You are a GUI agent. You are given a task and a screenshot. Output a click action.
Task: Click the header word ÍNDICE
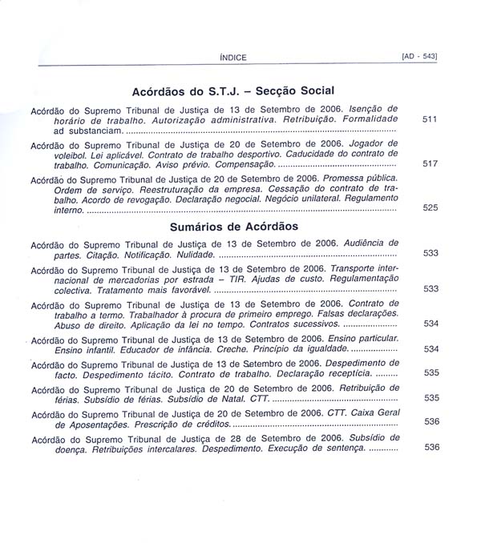pyautogui.click(x=232, y=57)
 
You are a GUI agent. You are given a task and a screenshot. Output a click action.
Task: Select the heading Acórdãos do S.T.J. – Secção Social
pyautogui.click(x=232, y=91)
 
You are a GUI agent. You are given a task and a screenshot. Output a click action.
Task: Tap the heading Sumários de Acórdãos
pyautogui.click(x=234, y=227)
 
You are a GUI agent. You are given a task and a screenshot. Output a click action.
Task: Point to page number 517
pyautogui.click(x=430, y=163)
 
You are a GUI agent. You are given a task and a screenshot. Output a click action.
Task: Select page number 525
pyautogui.click(x=430, y=207)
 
